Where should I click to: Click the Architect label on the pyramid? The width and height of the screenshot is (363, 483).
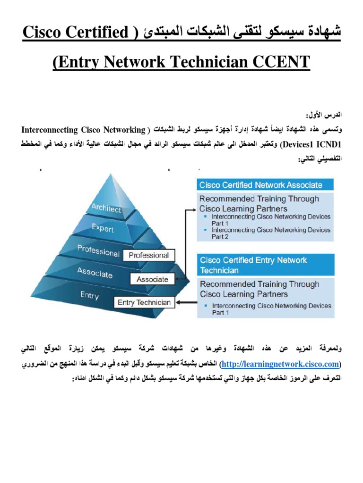106,208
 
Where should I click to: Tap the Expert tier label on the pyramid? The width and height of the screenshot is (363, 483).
103,228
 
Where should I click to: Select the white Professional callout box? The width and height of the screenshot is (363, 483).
148,255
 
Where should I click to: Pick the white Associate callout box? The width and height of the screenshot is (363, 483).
152,279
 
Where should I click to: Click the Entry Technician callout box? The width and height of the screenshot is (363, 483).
144,302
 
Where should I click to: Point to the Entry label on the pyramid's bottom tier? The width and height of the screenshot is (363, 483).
89,295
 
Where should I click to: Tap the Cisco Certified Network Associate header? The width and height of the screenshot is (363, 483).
261,185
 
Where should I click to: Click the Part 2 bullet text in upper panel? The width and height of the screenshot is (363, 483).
220,237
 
